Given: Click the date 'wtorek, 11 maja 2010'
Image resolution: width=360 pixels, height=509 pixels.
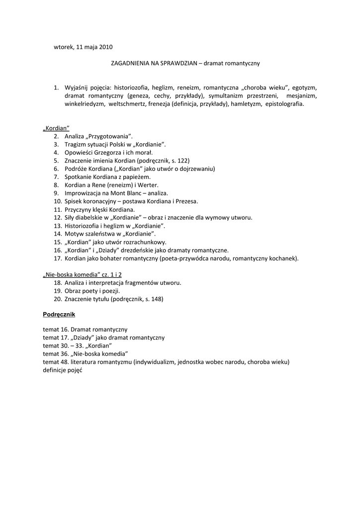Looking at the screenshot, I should click(83, 47).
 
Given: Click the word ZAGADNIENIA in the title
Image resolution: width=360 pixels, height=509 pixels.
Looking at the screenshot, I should click(131, 64).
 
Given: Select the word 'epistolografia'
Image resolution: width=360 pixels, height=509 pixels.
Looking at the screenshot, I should click(284, 104).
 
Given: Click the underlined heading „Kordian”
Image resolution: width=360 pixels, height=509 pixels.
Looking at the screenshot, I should click(56, 128).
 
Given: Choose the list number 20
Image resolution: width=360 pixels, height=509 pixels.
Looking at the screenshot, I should click(57, 299).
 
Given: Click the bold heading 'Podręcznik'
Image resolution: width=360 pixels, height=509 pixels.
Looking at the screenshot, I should click(59, 315).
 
